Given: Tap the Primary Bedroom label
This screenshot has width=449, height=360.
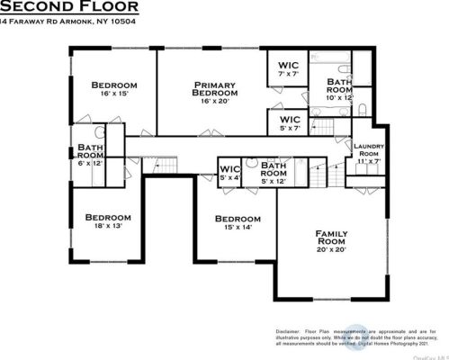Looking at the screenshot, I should pyautogui.click(x=216, y=89).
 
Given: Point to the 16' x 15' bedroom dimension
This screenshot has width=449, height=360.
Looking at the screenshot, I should pyautogui.click(x=114, y=93).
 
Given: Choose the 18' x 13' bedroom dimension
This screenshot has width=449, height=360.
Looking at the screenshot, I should pyautogui.click(x=107, y=226).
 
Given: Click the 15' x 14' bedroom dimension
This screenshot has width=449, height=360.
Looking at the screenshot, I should pyautogui.click(x=238, y=228).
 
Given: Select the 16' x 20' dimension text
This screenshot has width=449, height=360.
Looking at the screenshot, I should pyautogui.click(x=216, y=100).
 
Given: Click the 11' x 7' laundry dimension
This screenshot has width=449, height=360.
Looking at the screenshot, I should pyautogui.click(x=368, y=162).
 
